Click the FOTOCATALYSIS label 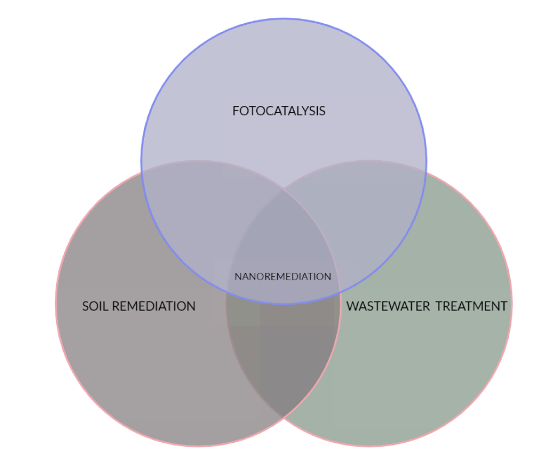[279, 111]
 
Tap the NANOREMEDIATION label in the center [283, 277]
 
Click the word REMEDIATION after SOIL [154, 306]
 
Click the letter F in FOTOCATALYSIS [236, 111]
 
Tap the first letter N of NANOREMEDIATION [238, 277]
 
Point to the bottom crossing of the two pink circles [283, 417]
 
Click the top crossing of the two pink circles [283, 189]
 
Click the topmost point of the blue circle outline [284, 18]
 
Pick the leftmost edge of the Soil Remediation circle [56, 303]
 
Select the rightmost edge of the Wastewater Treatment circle [511, 303]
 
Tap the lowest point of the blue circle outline [284, 304]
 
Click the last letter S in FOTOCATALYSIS [322, 111]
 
